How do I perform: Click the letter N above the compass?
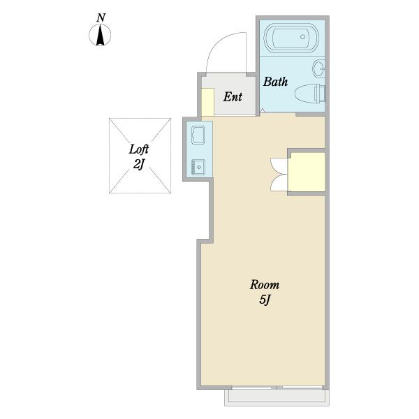point(101,18)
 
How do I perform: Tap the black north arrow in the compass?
point(100,35)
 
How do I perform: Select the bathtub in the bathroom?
point(291,38)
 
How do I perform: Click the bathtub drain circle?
point(302,36)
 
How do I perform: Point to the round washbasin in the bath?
point(319,68)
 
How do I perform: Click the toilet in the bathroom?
point(310,94)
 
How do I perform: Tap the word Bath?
point(276,82)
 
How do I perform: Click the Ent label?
point(233,97)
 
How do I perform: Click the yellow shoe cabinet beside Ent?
point(207,102)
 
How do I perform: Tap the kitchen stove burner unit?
point(198,135)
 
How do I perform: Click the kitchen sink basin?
point(198,168)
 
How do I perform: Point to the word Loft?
point(139,149)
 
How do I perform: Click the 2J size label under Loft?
point(139,164)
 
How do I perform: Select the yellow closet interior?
point(307,172)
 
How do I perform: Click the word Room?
point(265,285)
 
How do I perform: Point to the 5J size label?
point(265,300)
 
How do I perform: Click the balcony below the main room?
point(277,397)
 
